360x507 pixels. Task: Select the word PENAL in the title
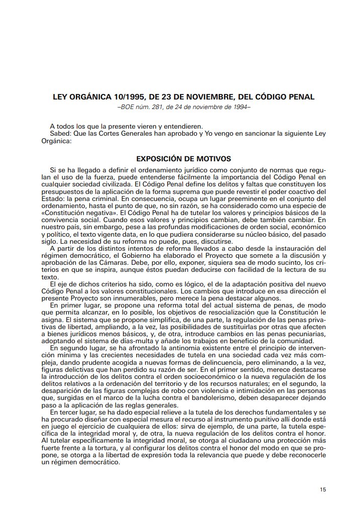[x=300, y=96]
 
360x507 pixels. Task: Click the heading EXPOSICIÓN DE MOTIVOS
[x=184, y=159]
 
